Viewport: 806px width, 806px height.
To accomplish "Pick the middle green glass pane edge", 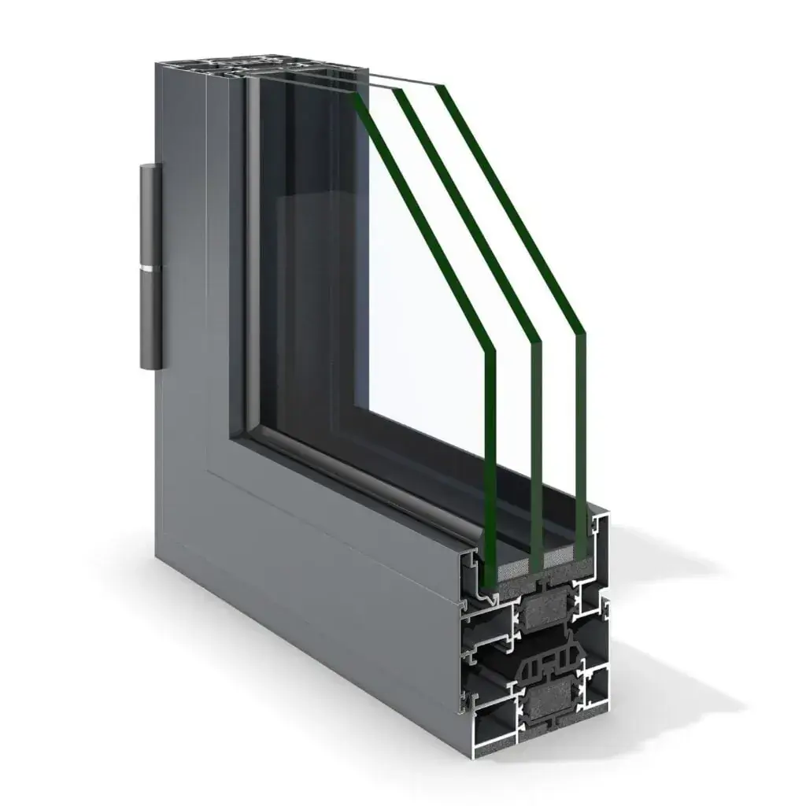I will pos(536,449).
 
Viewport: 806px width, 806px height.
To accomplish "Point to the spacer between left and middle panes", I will pos(512,565).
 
